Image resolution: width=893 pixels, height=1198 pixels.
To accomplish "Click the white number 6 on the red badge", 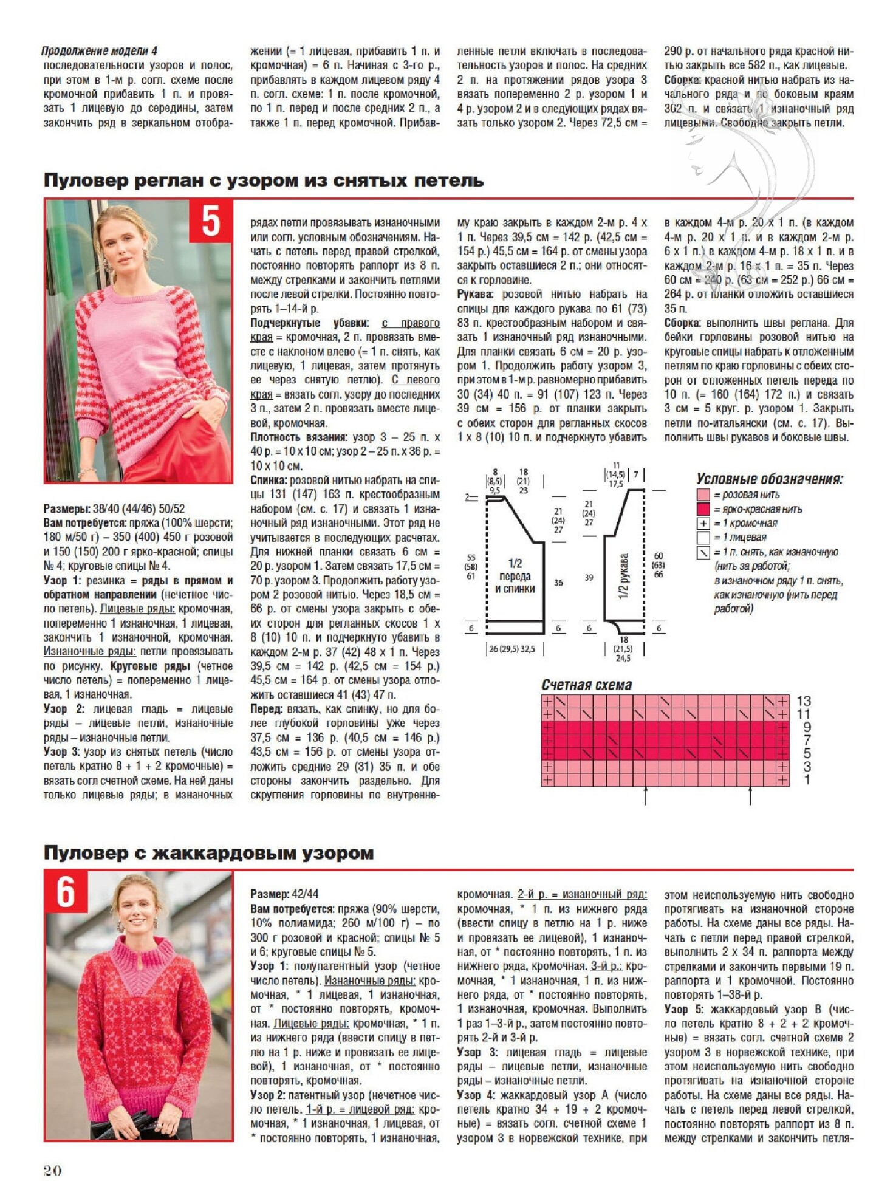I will [66, 892].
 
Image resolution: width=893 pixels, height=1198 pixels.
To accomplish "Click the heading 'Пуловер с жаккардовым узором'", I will [208, 853].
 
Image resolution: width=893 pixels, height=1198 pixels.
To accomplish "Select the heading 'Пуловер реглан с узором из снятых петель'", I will [264, 180].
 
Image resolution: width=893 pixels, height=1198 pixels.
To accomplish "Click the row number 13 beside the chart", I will [803, 701].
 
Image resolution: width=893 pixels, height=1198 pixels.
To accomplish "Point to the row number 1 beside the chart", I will [807, 779].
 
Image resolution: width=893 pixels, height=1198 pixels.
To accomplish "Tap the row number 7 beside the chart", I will [807, 741].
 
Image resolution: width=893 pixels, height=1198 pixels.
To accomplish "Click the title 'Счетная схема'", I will [586, 685].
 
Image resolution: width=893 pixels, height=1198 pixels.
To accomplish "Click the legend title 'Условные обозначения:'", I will [769, 479].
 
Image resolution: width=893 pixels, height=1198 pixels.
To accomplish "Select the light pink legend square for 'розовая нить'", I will [703, 495].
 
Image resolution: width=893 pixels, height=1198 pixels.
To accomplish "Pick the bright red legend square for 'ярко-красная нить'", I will [703, 509].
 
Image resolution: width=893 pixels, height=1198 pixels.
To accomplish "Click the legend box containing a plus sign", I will [703, 523].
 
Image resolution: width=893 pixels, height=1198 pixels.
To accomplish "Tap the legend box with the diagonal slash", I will [703, 552].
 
